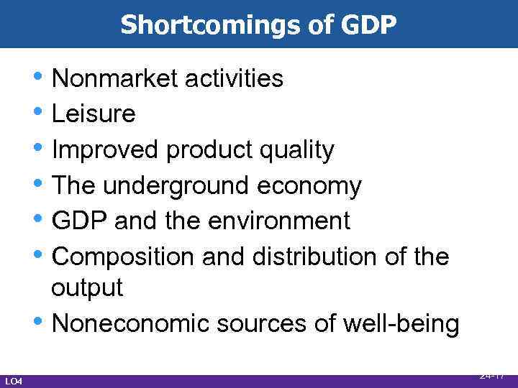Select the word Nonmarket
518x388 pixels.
(x=115, y=78)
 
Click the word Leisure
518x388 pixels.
(x=94, y=114)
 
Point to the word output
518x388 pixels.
(x=87, y=288)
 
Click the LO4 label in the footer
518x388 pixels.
(x=14, y=381)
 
